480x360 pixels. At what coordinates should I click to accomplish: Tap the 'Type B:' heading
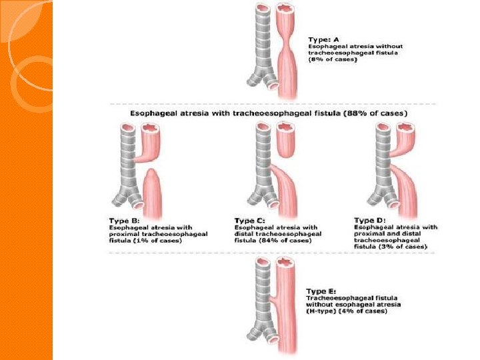(125, 220)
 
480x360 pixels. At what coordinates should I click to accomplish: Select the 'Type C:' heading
(249, 220)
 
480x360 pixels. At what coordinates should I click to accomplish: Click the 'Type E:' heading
(321, 291)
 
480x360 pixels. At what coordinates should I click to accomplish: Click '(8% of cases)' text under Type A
(333, 60)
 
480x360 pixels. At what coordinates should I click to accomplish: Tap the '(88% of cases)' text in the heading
(373, 113)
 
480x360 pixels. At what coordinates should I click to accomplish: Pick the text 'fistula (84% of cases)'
(272, 240)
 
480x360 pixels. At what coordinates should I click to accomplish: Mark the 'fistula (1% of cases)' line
(145, 240)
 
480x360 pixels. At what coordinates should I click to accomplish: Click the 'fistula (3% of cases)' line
(390, 247)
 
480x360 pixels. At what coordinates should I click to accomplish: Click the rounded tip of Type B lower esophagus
(152, 175)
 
